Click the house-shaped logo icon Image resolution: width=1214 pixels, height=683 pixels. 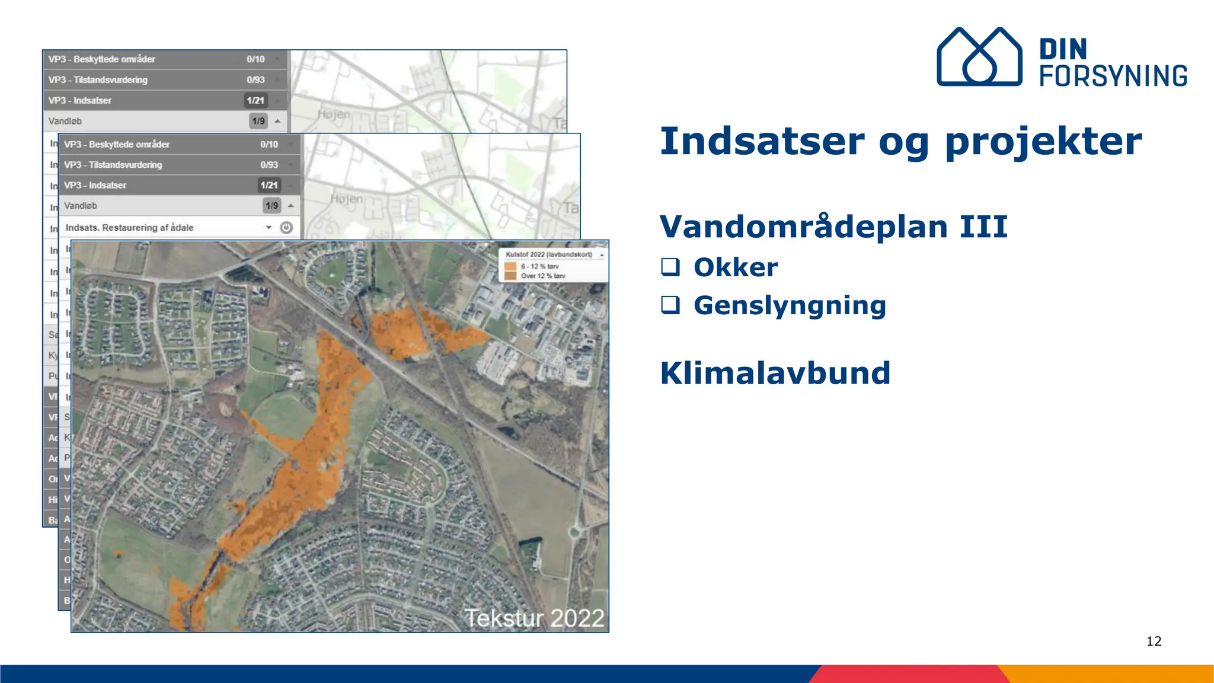click(x=979, y=57)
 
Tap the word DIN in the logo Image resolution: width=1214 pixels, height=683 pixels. click(x=1063, y=49)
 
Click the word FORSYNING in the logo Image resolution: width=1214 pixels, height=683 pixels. click(x=1113, y=76)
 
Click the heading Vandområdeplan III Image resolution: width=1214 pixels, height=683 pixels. click(x=833, y=226)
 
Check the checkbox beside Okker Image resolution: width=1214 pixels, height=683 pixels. click(x=670, y=267)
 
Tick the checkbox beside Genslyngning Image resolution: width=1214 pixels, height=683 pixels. click(x=670, y=305)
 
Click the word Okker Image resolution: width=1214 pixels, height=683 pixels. click(x=736, y=267)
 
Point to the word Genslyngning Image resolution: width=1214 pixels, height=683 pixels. click(x=790, y=306)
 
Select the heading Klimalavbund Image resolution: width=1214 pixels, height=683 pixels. click(x=775, y=373)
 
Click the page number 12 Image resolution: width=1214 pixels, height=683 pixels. click(x=1154, y=641)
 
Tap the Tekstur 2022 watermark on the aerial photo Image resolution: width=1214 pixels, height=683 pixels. click(x=533, y=618)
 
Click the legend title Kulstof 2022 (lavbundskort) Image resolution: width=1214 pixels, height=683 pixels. click(x=549, y=254)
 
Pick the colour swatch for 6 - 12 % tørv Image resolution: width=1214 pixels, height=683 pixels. click(x=510, y=266)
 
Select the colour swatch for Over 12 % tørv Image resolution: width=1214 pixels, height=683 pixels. click(x=510, y=276)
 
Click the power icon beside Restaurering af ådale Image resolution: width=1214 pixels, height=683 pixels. click(x=286, y=228)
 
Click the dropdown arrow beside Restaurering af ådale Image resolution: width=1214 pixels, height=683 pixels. click(x=269, y=228)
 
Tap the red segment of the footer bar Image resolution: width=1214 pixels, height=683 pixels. click(x=907, y=674)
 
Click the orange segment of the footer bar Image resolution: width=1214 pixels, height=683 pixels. click(x=1108, y=674)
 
